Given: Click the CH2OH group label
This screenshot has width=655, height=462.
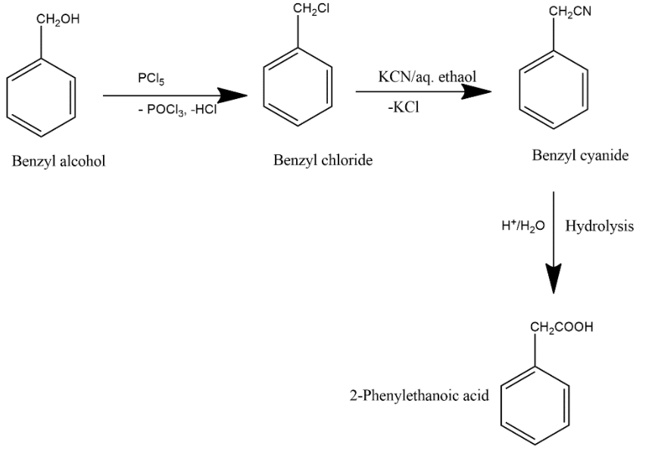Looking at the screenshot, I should pos(58,20).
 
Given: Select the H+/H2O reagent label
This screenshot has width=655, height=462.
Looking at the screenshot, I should pos(523,227).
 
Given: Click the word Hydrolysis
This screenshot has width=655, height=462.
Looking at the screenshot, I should pos(600,227).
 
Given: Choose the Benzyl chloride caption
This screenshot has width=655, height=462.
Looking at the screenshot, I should pos(323,161).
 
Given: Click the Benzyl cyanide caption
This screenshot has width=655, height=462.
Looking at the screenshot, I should pos(580,156).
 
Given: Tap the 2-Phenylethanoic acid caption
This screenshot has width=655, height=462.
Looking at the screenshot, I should pos(410,395).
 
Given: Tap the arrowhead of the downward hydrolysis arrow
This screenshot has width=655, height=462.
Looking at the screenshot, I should pos(554,280).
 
